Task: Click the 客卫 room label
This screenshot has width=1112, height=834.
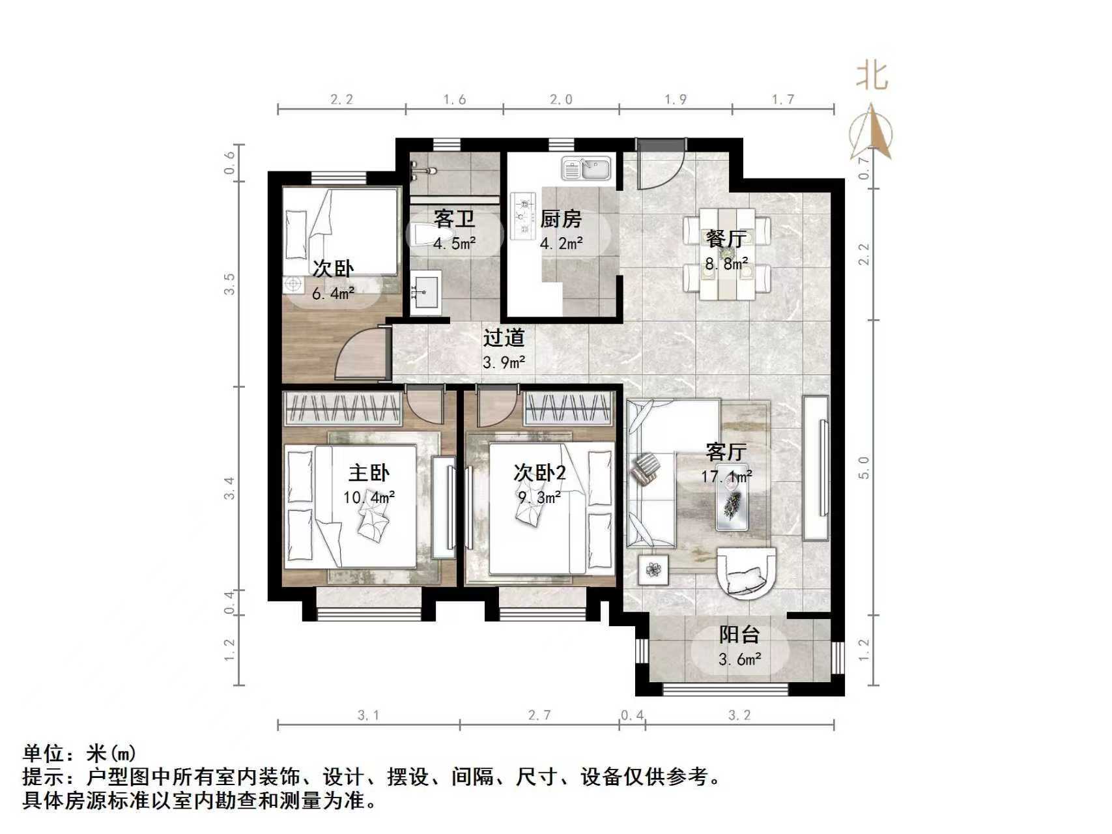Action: coord(454,218)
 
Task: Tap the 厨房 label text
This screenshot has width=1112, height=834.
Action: coord(560,219)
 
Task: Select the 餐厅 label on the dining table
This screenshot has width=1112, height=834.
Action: coord(725,238)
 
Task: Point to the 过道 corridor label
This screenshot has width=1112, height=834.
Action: coord(504,338)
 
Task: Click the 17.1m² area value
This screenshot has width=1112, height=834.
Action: coord(726,477)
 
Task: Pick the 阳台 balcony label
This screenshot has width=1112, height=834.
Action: coord(739,634)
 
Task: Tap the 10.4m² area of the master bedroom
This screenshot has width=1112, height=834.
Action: coord(369,498)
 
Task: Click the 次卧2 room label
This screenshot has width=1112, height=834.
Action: coord(539,472)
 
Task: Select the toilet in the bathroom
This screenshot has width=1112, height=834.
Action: coord(425,234)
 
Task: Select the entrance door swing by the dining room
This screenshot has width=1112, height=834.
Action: coord(659,165)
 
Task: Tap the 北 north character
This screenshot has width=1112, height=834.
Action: coord(872,76)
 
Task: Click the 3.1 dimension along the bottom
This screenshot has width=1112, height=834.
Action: coord(368,715)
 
